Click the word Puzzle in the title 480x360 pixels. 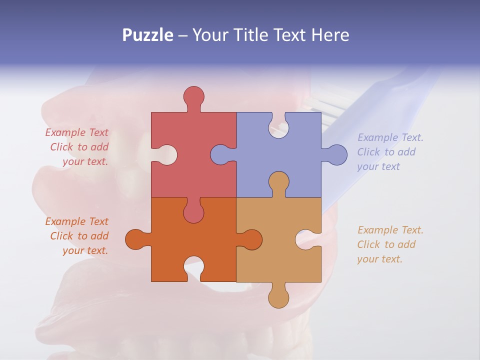click(148, 35)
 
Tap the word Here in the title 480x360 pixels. click(330, 35)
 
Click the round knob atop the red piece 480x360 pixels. click(193, 96)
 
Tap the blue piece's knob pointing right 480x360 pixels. click(337, 154)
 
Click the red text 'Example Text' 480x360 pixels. click(76, 132)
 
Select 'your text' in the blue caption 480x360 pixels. click(378, 166)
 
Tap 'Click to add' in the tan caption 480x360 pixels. click(386, 244)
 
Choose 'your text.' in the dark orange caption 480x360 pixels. click(85, 250)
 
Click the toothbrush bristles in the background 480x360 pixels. click(320, 107)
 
